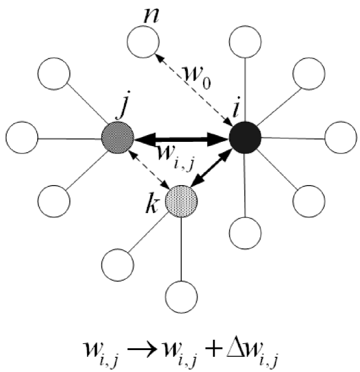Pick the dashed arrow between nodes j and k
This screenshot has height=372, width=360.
(x=149, y=169)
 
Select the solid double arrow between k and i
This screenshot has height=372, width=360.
(x=213, y=169)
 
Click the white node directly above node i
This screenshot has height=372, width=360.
(x=245, y=42)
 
